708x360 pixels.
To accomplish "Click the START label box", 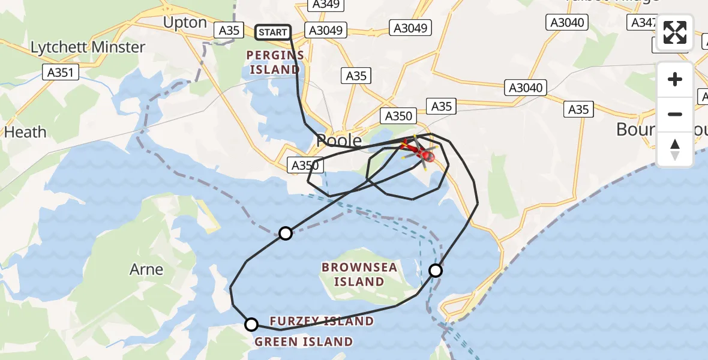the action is click(x=273, y=32).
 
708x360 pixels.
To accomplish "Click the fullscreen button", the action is click(x=675, y=32).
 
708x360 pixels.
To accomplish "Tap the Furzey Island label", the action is click(x=322, y=322).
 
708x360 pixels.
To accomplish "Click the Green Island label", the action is click(x=304, y=342).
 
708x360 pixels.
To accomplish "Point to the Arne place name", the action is click(x=146, y=269).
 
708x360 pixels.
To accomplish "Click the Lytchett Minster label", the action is click(x=88, y=47).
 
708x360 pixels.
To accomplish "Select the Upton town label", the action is click(x=185, y=23).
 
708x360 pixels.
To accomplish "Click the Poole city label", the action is click(x=339, y=141).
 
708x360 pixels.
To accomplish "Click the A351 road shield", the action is click(x=62, y=73).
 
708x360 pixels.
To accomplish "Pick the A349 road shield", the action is click(x=326, y=5).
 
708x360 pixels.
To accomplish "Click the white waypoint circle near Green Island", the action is click(x=251, y=325).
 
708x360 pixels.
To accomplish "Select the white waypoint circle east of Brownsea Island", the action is click(x=436, y=271).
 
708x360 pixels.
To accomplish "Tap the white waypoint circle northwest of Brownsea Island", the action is click(x=286, y=233).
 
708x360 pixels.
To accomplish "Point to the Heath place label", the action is click(x=25, y=132).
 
